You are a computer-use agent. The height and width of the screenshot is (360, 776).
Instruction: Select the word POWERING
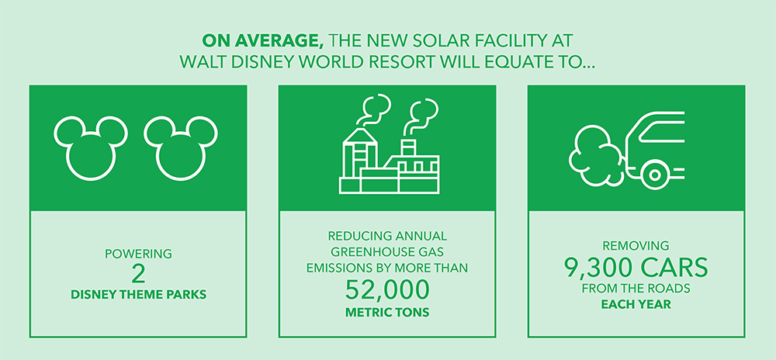pyautogui.click(x=139, y=254)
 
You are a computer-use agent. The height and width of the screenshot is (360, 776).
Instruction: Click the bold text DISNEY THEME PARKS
pyautogui.click(x=139, y=296)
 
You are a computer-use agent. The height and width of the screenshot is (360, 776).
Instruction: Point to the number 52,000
pyautogui.click(x=386, y=290)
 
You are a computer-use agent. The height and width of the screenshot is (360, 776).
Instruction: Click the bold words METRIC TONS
pyautogui.click(x=386, y=313)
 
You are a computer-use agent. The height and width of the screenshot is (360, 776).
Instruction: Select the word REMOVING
pyautogui.click(x=636, y=245)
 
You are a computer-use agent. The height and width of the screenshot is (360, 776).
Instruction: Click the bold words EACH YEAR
pyautogui.click(x=636, y=305)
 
